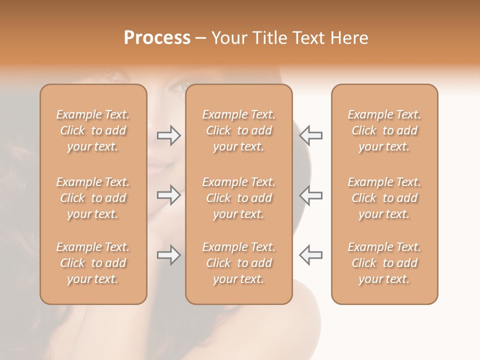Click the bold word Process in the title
pos(157,38)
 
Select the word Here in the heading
pos(349,38)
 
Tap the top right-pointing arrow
pos(168,135)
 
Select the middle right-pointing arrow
pos(168,195)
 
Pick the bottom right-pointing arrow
pos(168,255)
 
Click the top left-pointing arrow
pos(311,135)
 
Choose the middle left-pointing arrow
pos(311,195)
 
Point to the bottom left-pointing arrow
pos(311,254)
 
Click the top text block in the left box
pos(93,130)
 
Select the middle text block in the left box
pos(93,198)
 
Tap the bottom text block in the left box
pos(93,263)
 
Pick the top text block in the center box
pos(239,130)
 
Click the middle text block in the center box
pos(239,198)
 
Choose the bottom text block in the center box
pos(239,263)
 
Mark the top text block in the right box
pos(384,130)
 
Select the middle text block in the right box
pos(384,198)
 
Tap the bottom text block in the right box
pos(384,263)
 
